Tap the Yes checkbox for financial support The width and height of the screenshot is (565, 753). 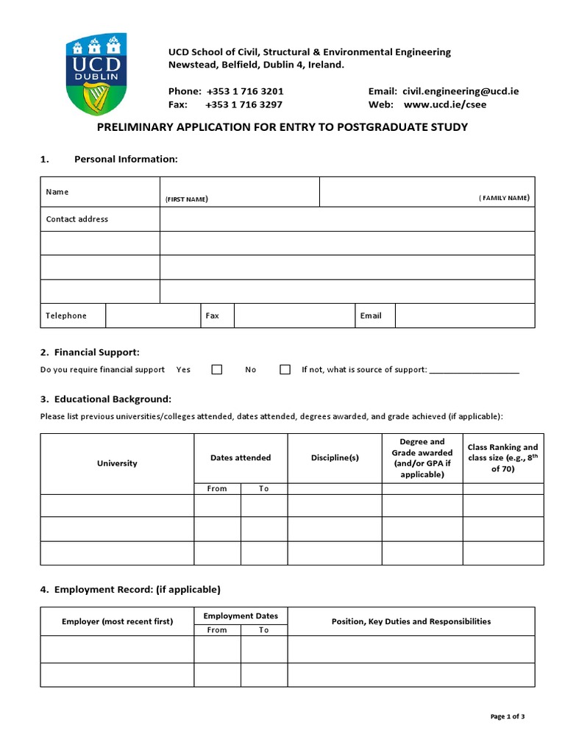pyautogui.click(x=217, y=370)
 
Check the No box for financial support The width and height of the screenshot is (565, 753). pyautogui.click(x=285, y=370)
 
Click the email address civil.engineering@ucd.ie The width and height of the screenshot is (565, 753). pyautogui.click(x=461, y=91)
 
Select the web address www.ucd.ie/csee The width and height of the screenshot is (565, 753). pyautogui.click(x=445, y=104)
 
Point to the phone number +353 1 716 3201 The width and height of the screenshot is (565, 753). pyautogui.click(x=244, y=91)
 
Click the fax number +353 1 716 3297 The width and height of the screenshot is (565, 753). pyautogui.click(x=244, y=104)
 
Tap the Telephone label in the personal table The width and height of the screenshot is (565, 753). pyautogui.click(x=66, y=315)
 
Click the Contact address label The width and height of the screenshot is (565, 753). pyautogui.click(x=77, y=219)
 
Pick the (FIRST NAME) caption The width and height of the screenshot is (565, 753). pyautogui.click(x=186, y=199)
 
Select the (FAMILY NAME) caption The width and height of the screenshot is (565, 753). pyautogui.click(x=504, y=198)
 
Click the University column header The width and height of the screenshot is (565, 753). pyautogui.click(x=117, y=463)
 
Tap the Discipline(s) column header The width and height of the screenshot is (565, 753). pyautogui.click(x=335, y=457)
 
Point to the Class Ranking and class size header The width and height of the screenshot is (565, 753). pyautogui.click(x=503, y=457)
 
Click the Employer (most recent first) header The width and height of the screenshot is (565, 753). pyautogui.click(x=117, y=621)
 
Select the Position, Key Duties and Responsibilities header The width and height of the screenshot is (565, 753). pyautogui.click(x=411, y=621)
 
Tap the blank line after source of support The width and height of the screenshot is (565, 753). pyautogui.click(x=474, y=371)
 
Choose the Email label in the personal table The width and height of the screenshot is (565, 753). pyautogui.click(x=371, y=315)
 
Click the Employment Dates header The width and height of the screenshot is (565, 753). pyautogui.click(x=241, y=615)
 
